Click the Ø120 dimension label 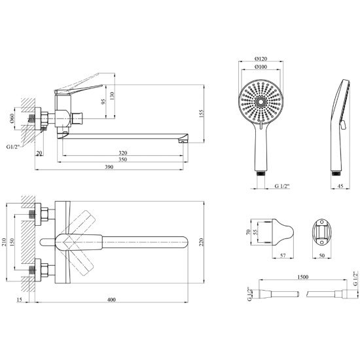pos(261,59)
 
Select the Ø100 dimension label pos(261,67)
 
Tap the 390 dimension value pos(109,167)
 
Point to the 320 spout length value pos(123,153)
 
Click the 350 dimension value pos(123,160)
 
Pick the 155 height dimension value pos(201,114)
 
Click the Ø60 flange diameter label pos(12,118)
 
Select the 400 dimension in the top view pos(111,300)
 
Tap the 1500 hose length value pos(303,277)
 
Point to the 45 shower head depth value pos(340,186)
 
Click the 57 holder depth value pos(283,255)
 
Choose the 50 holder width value pos(322,255)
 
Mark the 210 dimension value pos(4,242)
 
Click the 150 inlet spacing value pos(12,242)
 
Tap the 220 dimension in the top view pos(201,242)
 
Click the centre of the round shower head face pos(261,101)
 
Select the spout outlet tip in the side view pos(182,142)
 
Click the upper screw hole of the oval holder pos(322,223)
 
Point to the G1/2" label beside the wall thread pos(13,147)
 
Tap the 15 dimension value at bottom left pos(19,300)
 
